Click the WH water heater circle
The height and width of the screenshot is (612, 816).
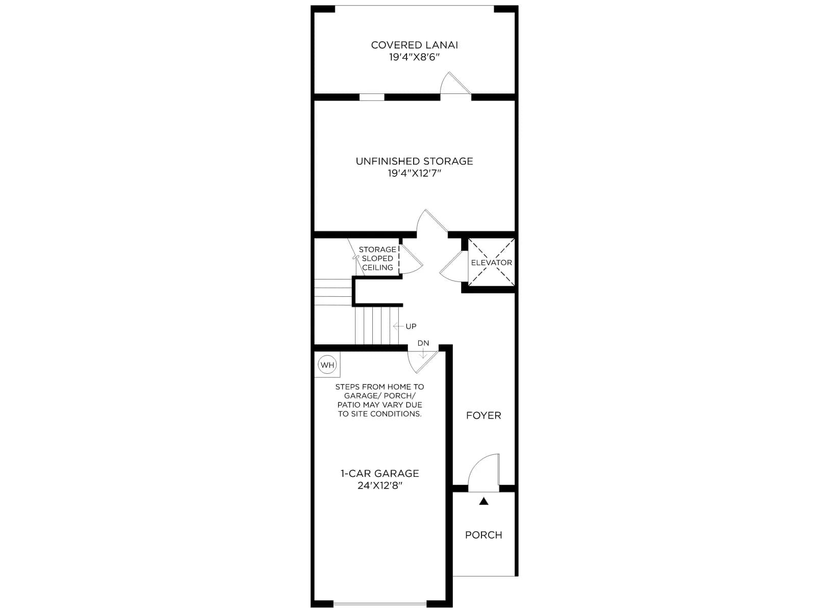(x=327, y=365)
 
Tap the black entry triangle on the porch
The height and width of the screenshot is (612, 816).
(x=483, y=501)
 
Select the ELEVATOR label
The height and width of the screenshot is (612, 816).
(x=491, y=263)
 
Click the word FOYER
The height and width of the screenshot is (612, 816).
(x=483, y=416)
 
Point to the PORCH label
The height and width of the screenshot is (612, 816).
(x=483, y=535)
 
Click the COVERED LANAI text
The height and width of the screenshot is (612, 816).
(x=414, y=45)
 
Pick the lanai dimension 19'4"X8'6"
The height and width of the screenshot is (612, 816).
(x=414, y=57)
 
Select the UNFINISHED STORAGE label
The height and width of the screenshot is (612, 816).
(x=414, y=161)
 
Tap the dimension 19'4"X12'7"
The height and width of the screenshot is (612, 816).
(x=414, y=173)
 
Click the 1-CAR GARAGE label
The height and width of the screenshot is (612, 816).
(x=379, y=473)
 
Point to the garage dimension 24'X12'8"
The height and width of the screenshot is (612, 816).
(x=379, y=486)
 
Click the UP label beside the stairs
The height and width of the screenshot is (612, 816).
(x=411, y=326)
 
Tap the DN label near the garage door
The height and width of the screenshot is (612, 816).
(x=423, y=343)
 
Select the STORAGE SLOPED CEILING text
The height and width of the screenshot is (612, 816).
(x=377, y=259)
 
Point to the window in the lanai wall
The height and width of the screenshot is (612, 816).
(x=372, y=97)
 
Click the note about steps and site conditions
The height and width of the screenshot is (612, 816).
(x=379, y=400)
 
